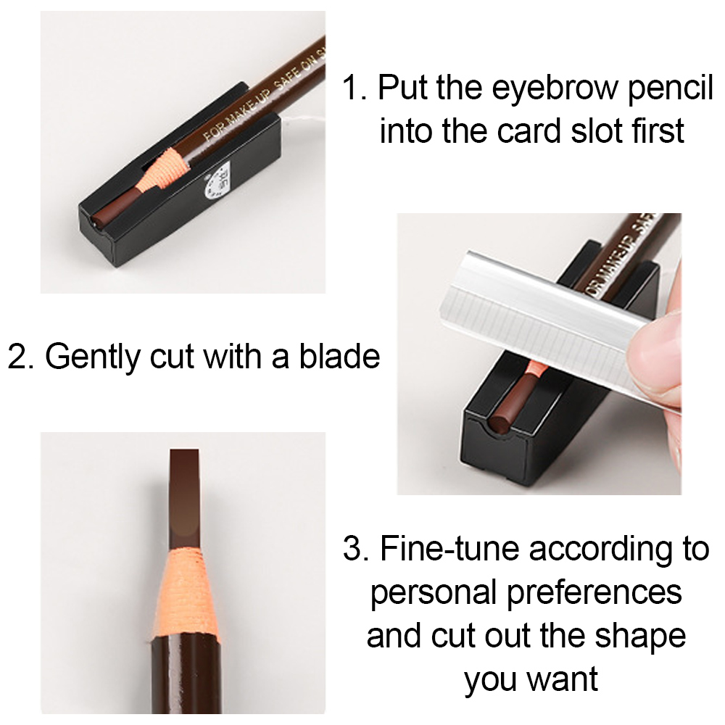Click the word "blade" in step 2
point(339,356)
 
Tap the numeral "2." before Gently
point(22,356)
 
